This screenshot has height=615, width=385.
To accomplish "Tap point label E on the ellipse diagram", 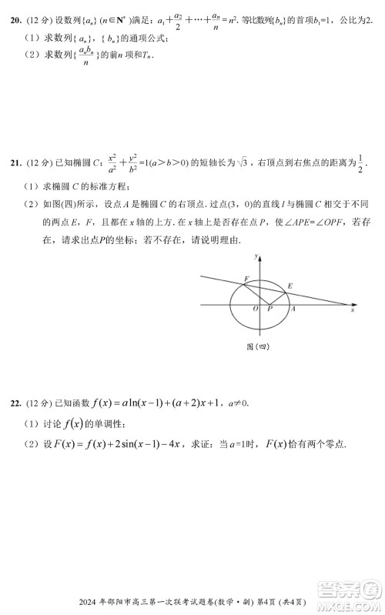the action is pos(290,286).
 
